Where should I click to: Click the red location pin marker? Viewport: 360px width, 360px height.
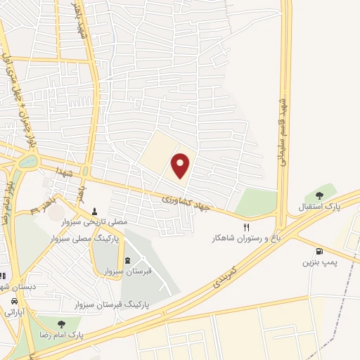click(x=181, y=164)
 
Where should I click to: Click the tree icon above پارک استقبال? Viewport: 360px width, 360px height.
click(x=320, y=195)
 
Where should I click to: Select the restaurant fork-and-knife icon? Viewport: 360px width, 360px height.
click(x=246, y=227)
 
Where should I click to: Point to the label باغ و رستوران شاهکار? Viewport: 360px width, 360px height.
click(x=247, y=238)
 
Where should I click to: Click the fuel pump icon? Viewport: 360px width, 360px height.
click(x=321, y=251)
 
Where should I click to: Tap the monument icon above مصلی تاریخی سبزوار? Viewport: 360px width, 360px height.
click(x=94, y=210)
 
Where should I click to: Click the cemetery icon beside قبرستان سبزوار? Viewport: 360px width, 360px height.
click(x=127, y=261)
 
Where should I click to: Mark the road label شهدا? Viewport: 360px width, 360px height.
click(x=53, y=171)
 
